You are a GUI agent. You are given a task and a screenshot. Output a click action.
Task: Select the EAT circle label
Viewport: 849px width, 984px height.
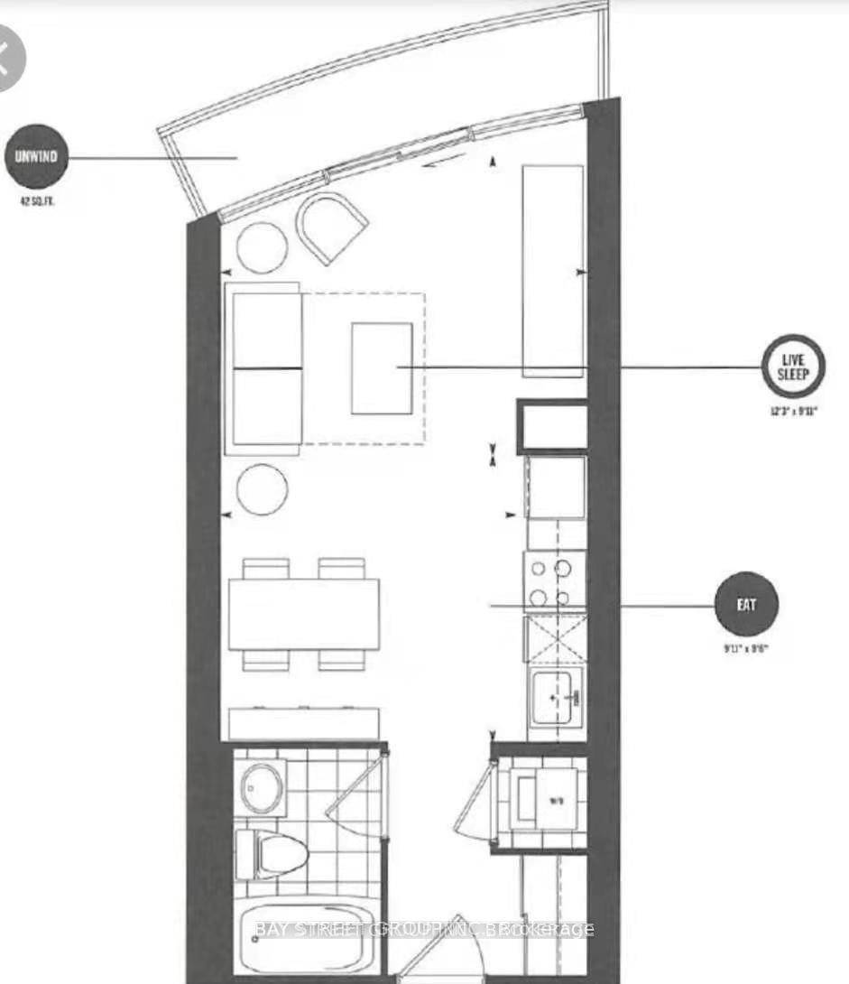(x=745, y=605)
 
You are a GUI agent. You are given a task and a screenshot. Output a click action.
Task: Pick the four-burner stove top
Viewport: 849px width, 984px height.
(x=553, y=583)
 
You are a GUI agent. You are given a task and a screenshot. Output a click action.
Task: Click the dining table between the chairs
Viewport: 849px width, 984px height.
(x=303, y=614)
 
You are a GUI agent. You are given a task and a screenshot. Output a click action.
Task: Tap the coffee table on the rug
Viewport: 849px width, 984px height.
(x=382, y=368)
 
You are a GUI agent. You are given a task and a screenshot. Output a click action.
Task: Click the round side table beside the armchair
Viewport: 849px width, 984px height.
(x=263, y=246)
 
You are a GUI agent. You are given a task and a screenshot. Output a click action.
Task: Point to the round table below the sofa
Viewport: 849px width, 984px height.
(x=263, y=488)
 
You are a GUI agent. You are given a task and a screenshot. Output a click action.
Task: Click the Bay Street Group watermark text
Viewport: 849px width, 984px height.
(x=424, y=929)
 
